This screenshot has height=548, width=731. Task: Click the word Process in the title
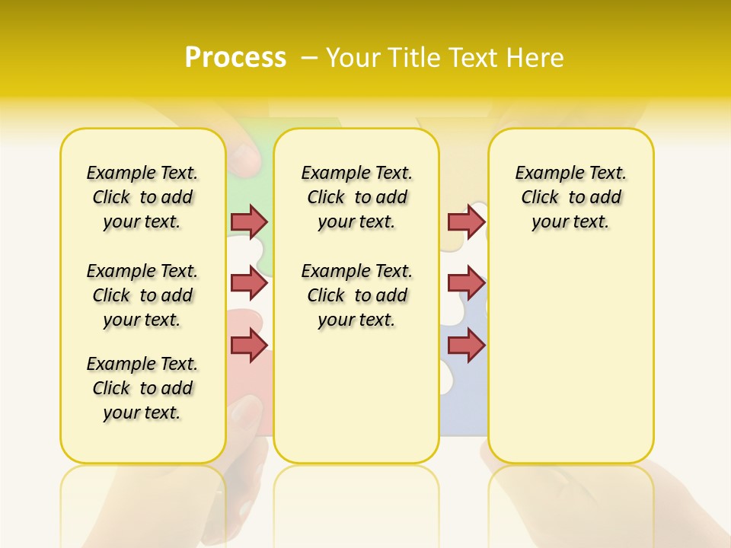[235, 58]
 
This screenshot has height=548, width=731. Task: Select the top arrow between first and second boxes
[249, 221]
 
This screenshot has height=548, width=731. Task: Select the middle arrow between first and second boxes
[249, 283]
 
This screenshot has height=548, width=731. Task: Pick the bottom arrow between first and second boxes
[249, 346]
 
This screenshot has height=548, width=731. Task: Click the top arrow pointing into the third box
[466, 221]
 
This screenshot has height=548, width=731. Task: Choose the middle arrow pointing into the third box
[466, 283]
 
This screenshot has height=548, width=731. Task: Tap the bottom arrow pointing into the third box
[466, 346]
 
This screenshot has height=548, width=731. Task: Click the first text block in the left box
[142, 197]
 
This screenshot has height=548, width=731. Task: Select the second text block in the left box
[142, 295]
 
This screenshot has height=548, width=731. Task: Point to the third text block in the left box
[142, 388]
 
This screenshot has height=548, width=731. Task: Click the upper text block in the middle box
[356, 197]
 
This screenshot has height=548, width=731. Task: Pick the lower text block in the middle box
[356, 295]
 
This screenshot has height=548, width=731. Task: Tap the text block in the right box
[570, 197]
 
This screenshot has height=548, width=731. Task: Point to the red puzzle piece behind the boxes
[248, 373]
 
